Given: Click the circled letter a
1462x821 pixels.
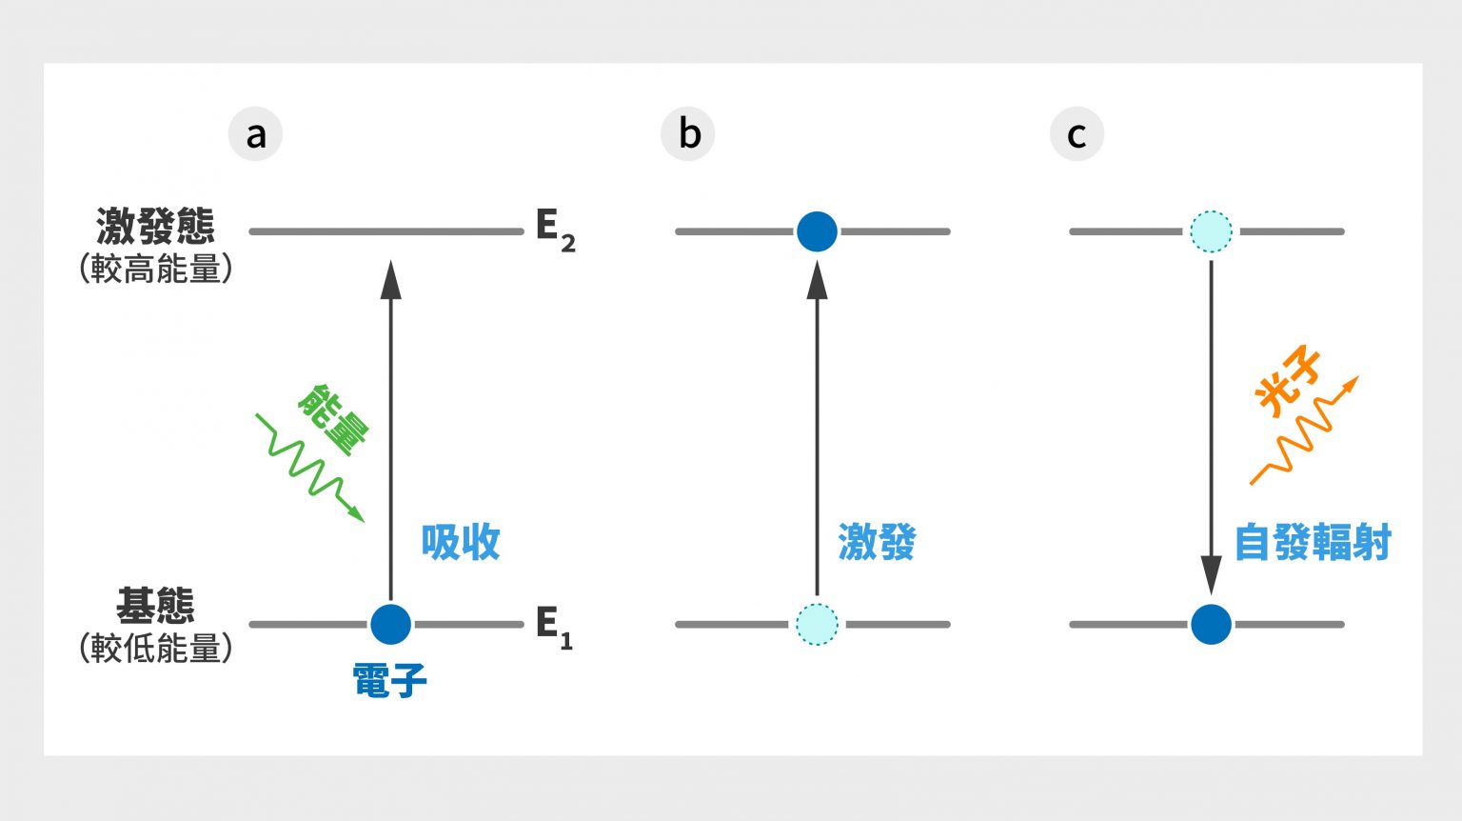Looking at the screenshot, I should [255, 134].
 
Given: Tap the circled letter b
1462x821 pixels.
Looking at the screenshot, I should [688, 134].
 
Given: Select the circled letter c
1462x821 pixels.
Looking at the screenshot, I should [1077, 134].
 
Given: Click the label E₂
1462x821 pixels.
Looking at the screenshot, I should [555, 230].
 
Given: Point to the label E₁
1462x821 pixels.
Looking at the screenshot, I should [553, 626].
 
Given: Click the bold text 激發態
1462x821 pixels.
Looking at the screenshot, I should [155, 227].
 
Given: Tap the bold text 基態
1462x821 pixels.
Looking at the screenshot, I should [155, 605].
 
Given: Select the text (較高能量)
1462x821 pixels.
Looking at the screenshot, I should [155, 269].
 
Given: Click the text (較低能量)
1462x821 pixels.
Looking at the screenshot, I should [155, 648].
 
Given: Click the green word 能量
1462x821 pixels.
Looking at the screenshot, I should [333, 419].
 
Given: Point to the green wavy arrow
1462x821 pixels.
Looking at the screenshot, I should [309, 468].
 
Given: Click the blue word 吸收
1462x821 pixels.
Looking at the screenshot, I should [461, 542].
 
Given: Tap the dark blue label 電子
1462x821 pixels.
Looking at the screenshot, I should [389, 681].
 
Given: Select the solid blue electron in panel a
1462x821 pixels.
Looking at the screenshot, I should [390, 625].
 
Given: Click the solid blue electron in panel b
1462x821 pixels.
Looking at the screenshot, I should [817, 231].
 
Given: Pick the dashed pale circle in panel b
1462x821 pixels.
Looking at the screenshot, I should [817, 625].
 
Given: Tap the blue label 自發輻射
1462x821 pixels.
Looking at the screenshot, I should [1313, 542].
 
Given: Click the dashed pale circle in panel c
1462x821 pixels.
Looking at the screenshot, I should [1211, 231].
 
